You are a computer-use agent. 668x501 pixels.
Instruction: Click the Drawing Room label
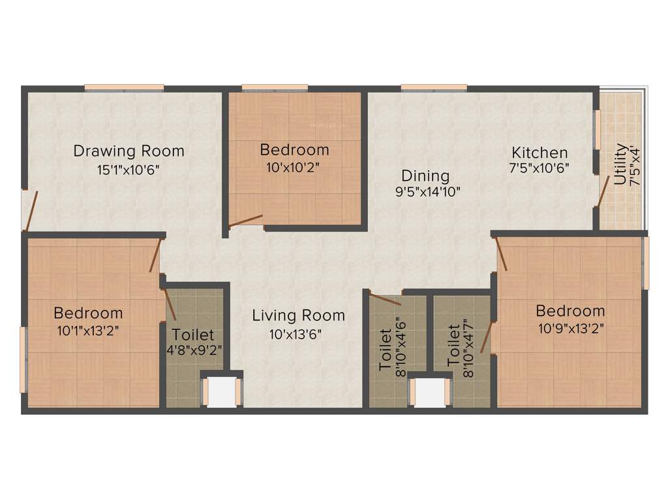(x=129, y=151)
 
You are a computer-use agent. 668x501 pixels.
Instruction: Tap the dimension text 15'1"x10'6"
(x=129, y=169)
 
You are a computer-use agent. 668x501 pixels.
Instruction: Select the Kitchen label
(x=539, y=152)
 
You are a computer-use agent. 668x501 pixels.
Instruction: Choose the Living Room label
(x=298, y=315)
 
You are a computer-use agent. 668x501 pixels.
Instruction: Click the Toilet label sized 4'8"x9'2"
(x=193, y=335)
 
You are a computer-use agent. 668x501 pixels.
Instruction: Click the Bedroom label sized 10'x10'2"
(x=294, y=149)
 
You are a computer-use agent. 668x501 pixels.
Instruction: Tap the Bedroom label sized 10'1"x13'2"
(x=88, y=312)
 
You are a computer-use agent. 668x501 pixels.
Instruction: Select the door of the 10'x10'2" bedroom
(x=246, y=221)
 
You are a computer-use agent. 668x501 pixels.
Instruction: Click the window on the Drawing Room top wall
(x=124, y=87)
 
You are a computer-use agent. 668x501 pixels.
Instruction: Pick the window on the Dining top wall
(x=434, y=87)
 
